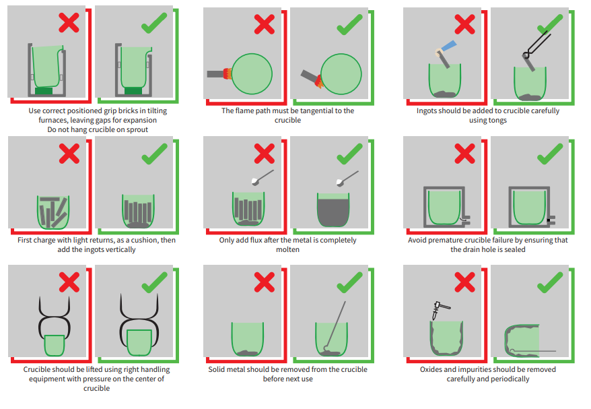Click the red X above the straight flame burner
point(265,24)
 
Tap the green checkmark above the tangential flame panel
point(349,24)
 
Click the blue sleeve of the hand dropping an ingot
point(449,46)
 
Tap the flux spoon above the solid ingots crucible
point(263,178)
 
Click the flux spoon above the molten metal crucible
point(347,179)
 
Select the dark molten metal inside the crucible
point(333,213)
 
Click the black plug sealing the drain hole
point(549,220)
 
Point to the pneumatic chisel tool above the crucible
point(441,309)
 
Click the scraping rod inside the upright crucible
point(335,325)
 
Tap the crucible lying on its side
point(522,341)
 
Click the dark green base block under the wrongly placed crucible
point(44,91)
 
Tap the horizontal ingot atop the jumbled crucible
point(50,199)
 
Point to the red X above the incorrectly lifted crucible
point(69,282)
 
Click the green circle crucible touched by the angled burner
point(341,74)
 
